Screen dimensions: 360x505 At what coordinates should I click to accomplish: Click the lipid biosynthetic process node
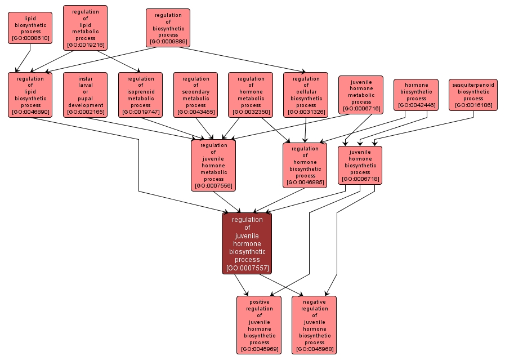[30, 28]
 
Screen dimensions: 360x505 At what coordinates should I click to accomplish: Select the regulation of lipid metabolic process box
[86, 28]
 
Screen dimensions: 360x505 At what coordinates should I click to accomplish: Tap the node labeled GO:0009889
[168, 28]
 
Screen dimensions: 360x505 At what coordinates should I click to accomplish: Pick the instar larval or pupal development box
[86, 95]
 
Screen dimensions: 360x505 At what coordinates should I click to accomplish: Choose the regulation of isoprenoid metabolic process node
[141, 95]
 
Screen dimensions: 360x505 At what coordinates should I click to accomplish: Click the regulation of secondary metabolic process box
[196, 95]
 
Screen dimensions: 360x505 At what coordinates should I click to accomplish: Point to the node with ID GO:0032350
[251, 112]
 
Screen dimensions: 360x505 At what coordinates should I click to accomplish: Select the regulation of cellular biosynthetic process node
[306, 95]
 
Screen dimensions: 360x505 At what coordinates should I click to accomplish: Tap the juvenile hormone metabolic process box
[361, 95]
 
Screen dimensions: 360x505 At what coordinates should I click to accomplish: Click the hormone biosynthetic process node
[417, 95]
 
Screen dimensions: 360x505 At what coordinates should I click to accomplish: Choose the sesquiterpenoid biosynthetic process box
[473, 95]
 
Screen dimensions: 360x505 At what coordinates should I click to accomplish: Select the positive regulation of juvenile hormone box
[260, 325]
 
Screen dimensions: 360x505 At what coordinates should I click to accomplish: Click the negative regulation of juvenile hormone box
[314, 325]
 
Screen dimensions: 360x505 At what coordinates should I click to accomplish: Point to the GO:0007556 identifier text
[213, 186]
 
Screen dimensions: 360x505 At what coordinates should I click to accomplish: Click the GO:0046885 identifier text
[305, 182]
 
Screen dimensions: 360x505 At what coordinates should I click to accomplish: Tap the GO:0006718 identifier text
[360, 179]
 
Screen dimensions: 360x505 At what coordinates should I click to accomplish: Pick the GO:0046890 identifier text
[30, 112]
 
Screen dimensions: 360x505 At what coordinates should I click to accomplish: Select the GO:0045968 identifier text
[314, 349]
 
